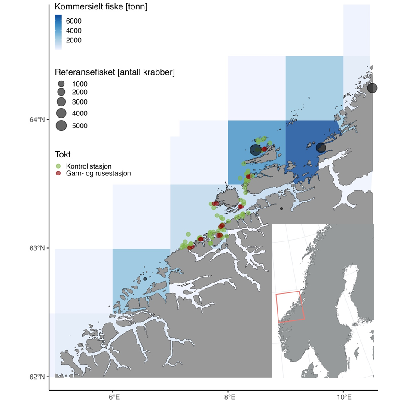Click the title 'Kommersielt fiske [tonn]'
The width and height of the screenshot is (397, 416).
click(x=101, y=7)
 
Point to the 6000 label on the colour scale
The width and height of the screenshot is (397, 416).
click(x=73, y=21)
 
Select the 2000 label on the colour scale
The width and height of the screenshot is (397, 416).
click(x=73, y=40)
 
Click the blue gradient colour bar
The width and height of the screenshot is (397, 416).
click(x=58, y=32)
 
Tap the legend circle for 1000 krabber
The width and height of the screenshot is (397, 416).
click(x=61, y=84)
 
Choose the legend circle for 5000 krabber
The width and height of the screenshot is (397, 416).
click(x=61, y=126)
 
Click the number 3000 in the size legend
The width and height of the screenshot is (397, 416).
click(x=79, y=102)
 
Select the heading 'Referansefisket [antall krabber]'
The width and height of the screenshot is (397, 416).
click(x=115, y=72)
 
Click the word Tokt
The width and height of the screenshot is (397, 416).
click(x=63, y=154)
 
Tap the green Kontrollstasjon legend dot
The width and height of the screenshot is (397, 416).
click(x=59, y=166)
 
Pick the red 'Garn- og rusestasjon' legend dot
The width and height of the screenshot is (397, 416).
click(x=59, y=173)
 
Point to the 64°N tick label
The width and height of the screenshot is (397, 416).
click(x=36, y=120)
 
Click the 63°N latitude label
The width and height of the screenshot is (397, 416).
click(x=36, y=248)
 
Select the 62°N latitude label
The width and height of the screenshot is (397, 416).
click(x=36, y=377)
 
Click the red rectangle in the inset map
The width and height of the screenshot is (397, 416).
click(x=291, y=307)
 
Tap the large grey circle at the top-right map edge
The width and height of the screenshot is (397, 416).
click(x=372, y=88)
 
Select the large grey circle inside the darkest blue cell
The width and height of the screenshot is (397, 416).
click(x=321, y=148)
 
